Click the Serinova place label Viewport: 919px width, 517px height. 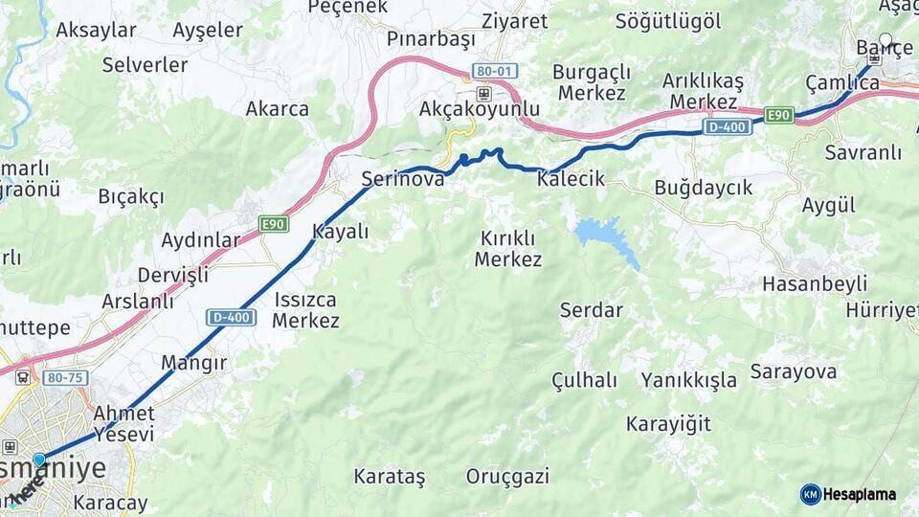(402, 179)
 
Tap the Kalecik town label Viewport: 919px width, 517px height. (572, 179)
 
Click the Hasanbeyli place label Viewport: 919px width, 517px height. (814, 283)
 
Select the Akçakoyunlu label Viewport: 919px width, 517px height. (480, 109)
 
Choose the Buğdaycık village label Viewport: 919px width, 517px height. (704, 188)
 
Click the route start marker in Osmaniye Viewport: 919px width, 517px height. (39, 460)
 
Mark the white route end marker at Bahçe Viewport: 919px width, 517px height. (885, 42)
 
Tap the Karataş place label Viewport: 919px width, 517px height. (389, 476)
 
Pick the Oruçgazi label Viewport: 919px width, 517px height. (507, 476)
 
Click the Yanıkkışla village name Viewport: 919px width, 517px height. (689, 380)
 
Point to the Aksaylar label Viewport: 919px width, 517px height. (96, 30)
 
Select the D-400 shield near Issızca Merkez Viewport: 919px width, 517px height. (231, 317)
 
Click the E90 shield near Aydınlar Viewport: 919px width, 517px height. (274, 224)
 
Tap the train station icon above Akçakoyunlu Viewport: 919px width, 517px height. (483, 93)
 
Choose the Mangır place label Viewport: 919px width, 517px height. (193, 363)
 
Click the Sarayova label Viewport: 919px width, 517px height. (794, 371)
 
